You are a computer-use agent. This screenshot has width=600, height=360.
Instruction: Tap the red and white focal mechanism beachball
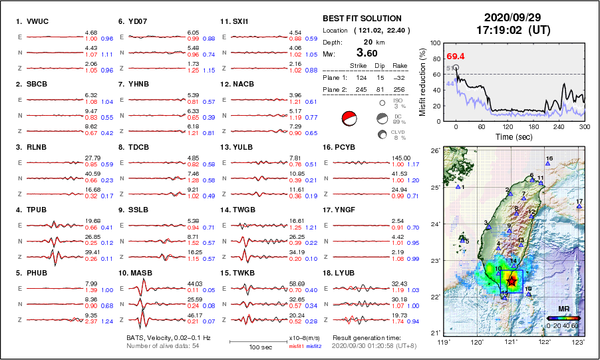coord(348,119)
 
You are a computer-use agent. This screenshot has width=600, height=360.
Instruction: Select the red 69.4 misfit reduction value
coord(456,57)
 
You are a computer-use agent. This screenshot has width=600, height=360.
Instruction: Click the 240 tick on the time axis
coord(559,126)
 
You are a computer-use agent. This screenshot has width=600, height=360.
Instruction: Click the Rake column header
coord(399,66)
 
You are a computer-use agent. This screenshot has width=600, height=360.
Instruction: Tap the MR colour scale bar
coord(563,318)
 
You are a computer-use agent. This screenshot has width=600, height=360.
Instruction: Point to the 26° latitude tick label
coord(434,150)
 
